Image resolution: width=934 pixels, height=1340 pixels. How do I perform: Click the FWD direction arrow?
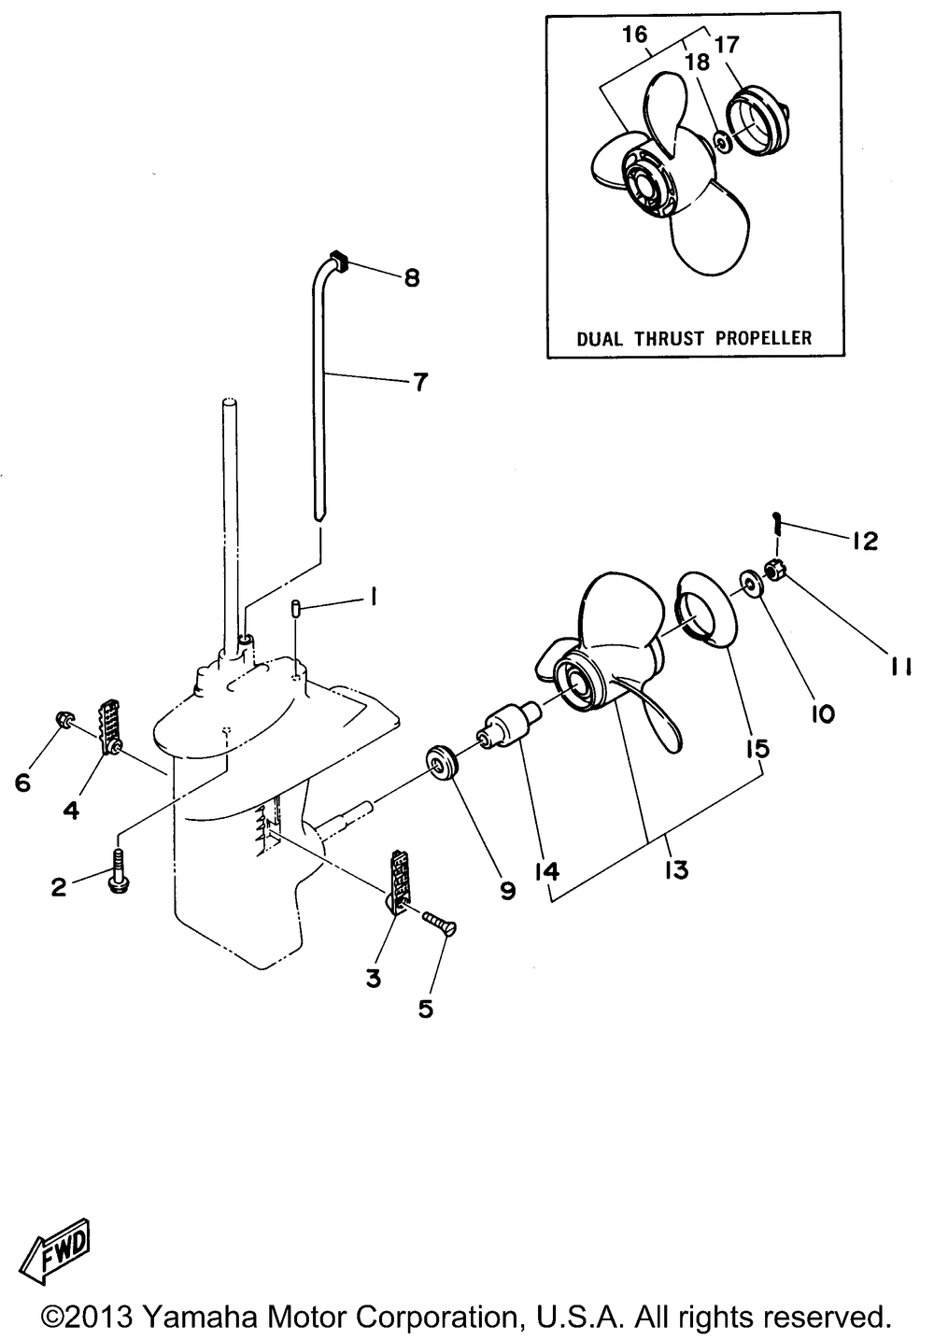click(58, 1250)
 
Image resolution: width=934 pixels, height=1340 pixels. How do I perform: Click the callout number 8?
click(411, 277)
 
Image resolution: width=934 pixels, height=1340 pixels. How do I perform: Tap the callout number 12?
click(864, 540)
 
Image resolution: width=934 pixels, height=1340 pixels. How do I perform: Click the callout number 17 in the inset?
click(728, 43)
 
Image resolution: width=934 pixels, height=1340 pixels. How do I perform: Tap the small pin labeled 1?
click(295, 612)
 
